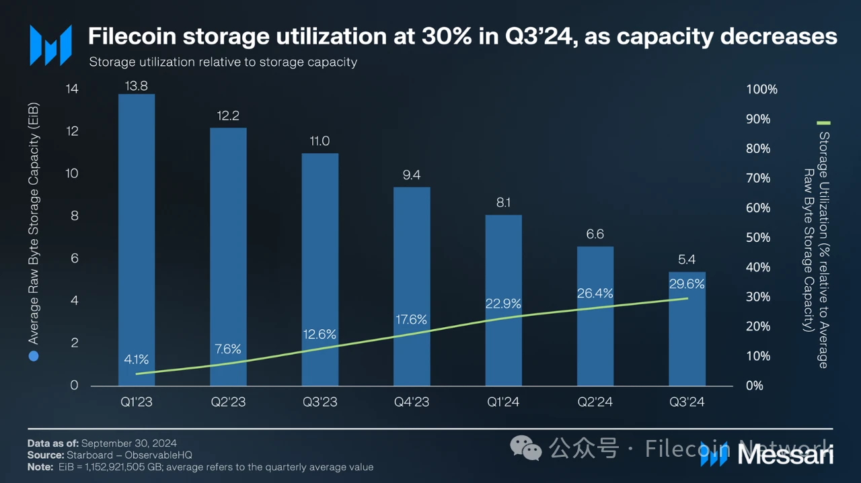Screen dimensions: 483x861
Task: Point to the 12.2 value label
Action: [228, 116]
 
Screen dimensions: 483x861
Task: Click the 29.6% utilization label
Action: [687, 284]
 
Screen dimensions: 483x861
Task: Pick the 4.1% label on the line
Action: [137, 359]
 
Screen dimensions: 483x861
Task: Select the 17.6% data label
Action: [411, 320]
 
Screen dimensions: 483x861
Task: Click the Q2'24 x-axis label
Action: [595, 402]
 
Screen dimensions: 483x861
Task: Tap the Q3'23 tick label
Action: [320, 402]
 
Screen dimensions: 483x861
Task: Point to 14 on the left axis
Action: [72, 89]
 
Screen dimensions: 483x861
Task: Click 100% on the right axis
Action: [761, 89]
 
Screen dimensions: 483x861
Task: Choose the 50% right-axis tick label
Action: [759, 238]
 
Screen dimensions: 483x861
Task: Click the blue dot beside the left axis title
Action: [34, 356]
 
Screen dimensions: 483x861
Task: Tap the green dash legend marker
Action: [823, 123]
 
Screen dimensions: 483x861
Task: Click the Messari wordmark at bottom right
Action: [785, 455]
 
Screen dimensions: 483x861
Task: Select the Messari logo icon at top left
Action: [50, 45]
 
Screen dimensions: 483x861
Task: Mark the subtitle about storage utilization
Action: [223, 62]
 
